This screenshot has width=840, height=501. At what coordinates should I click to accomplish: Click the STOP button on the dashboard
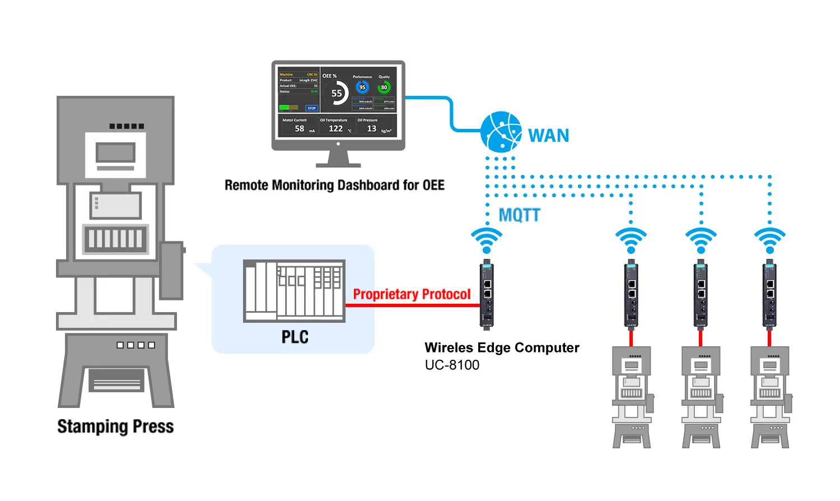(311, 108)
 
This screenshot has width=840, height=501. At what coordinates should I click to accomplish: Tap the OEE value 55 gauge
(336, 94)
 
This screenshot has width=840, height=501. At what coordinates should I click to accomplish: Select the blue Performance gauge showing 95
(362, 87)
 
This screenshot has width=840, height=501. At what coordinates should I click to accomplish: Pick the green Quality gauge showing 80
(384, 87)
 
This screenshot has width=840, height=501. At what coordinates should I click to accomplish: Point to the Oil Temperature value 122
(335, 128)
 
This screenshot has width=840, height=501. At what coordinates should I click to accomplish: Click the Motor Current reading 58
(300, 128)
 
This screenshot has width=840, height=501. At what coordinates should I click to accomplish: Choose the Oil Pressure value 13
(371, 128)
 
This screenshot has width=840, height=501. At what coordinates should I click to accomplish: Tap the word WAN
(548, 136)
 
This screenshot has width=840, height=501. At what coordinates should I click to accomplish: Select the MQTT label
(519, 215)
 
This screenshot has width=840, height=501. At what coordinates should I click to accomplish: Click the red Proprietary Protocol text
(412, 294)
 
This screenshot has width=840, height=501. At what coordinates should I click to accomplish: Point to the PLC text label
(295, 337)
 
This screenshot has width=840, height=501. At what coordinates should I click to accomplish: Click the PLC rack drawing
(294, 290)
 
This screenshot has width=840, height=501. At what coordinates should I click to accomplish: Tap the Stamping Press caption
(115, 426)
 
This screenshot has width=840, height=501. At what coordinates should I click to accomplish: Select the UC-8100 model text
(452, 365)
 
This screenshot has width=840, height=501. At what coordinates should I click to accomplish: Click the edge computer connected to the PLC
(487, 294)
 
